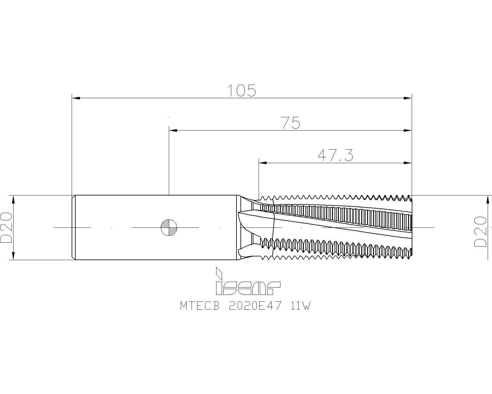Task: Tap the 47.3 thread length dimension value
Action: point(335,155)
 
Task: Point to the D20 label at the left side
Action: point(6,227)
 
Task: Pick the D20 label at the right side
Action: point(481,231)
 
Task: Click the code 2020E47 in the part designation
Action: point(255,306)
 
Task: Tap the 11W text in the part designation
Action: point(300,306)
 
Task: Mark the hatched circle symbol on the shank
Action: point(169,227)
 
